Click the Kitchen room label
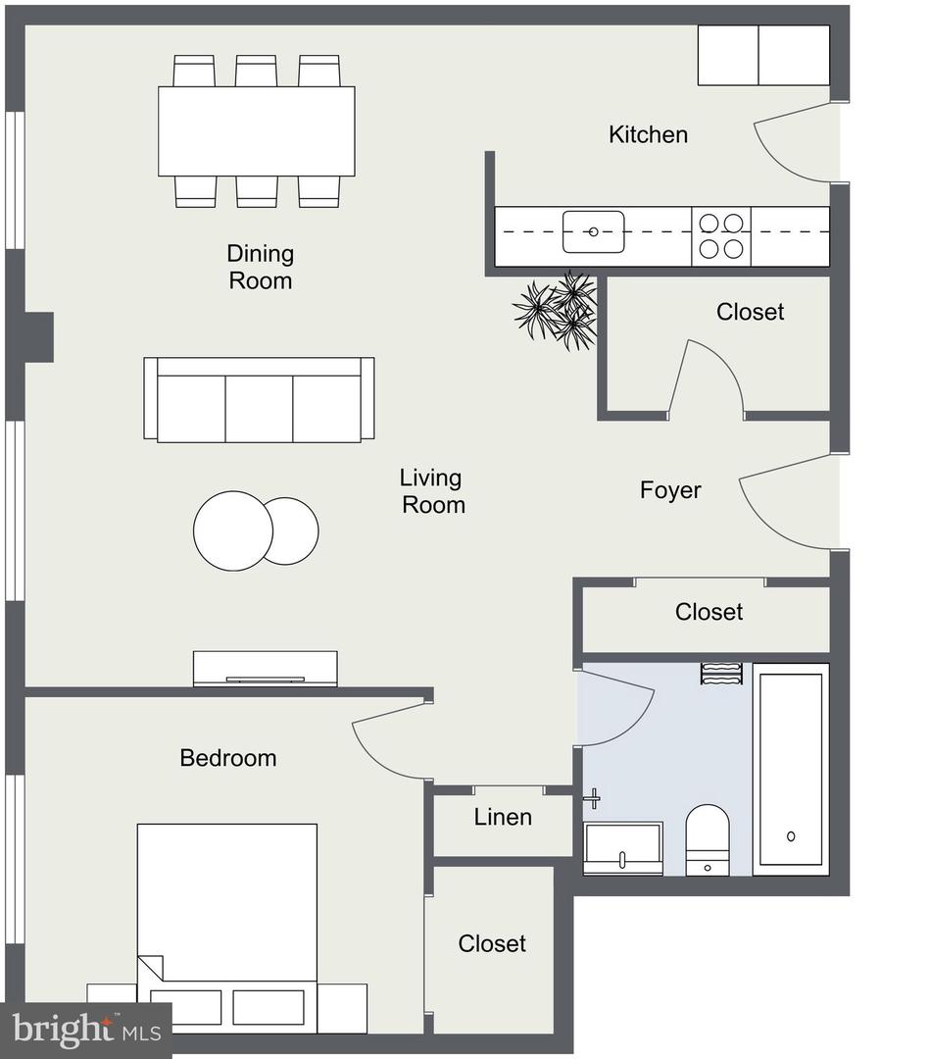click(648, 134)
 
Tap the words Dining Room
click(260, 267)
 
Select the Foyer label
click(670, 489)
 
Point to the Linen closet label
click(503, 817)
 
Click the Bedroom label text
click(228, 758)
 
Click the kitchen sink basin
click(594, 231)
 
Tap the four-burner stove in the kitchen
click(721, 235)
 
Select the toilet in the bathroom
click(708, 839)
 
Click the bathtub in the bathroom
click(791, 770)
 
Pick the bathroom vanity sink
click(622, 848)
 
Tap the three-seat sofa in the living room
click(260, 400)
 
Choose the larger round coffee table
click(233, 530)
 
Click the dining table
click(257, 131)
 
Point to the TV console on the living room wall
click(266, 669)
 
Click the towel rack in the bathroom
click(721, 674)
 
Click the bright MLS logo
click(86, 1030)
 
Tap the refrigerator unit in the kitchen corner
click(763, 55)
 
